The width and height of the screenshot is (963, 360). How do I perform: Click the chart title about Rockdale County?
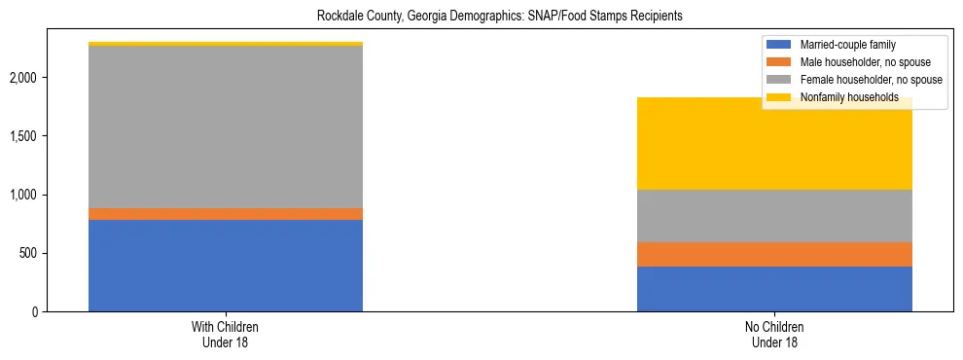481,17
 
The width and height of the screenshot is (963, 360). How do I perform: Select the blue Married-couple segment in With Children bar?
226,266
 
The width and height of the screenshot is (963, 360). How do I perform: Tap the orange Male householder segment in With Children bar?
226,214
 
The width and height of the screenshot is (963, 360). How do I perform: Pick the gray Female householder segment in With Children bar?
226,126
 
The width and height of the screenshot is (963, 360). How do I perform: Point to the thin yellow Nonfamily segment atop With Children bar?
226,44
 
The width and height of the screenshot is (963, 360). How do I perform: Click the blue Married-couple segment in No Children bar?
775,289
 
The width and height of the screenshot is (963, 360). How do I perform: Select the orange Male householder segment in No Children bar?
775,254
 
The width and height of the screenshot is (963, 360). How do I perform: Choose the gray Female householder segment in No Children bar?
775,216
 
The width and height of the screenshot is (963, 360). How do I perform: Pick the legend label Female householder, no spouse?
868,80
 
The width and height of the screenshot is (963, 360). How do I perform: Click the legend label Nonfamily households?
843,97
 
